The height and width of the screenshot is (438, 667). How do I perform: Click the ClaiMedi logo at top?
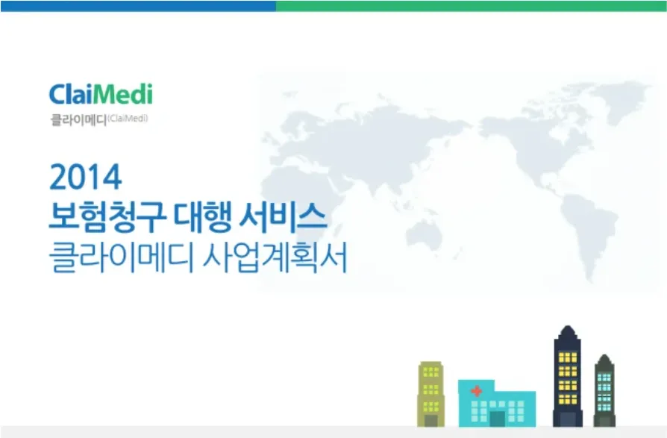tap(101, 95)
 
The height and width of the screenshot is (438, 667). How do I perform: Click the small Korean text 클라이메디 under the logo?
tap(78, 119)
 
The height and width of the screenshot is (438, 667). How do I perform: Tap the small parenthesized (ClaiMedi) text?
tap(128, 117)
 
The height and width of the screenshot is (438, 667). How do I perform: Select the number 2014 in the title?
tap(85, 178)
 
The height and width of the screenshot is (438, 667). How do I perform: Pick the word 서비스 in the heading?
tap(284, 219)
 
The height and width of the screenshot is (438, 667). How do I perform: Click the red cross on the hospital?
tap(475, 391)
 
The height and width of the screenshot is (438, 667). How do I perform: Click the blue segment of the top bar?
tap(138, 5)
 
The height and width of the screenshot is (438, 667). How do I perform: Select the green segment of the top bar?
tap(471, 5)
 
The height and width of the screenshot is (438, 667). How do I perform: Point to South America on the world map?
tap(590, 223)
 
